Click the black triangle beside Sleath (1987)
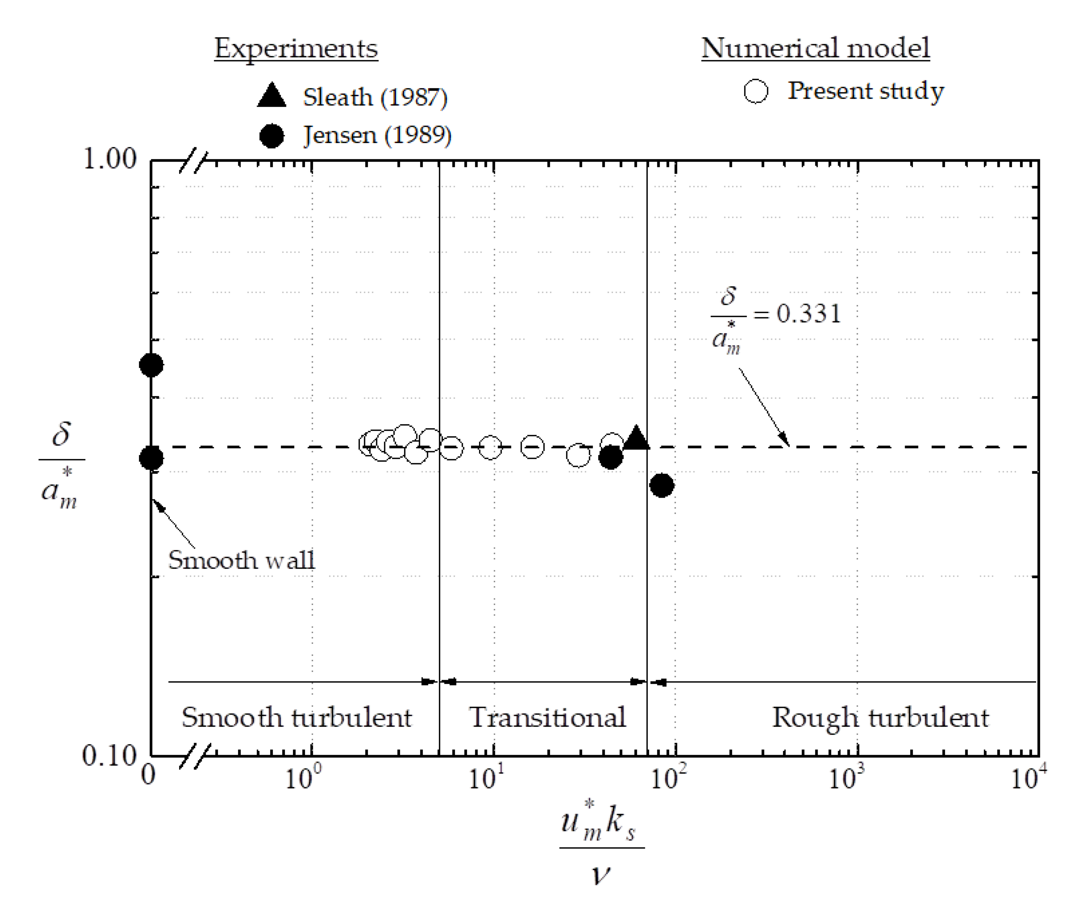click(272, 96)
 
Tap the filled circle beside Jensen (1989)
click(272, 136)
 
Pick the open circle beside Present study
click(756, 91)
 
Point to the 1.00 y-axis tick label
click(110, 159)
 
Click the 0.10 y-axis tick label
click(109, 755)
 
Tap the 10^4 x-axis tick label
click(1028, 778)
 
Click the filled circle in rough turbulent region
click(662, 485)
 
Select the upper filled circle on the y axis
click(151, 365)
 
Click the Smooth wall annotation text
click(241, 560)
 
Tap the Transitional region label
click(547, 717)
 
